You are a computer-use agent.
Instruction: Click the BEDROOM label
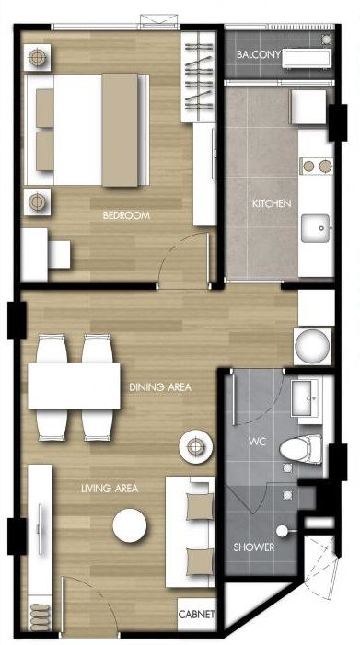(127, 216)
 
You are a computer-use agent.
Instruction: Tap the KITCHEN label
(272, 202)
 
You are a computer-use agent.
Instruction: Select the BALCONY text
(258, 55)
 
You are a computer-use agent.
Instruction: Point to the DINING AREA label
(160, 387)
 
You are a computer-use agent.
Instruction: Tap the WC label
(257, 442)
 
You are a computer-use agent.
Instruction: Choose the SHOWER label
(253, 547)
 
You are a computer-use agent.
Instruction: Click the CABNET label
(197, 614)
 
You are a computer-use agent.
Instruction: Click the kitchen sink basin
(319, 225)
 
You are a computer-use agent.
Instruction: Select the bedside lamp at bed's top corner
(36, 58)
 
